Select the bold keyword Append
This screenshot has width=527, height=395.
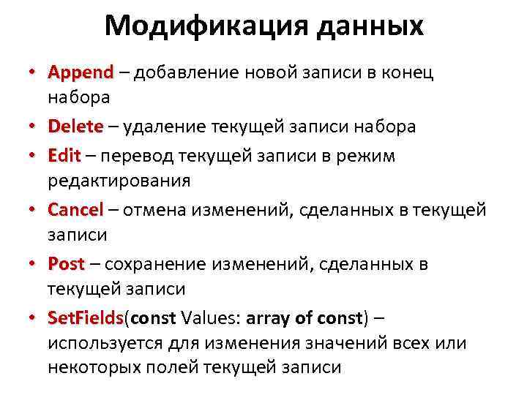coord(81,74)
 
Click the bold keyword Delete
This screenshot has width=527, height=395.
coord(75,127)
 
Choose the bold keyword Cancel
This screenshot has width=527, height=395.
coord(75,211)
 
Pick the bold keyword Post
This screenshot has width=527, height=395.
coord(66,264)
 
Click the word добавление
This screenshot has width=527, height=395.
coord(181,74)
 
